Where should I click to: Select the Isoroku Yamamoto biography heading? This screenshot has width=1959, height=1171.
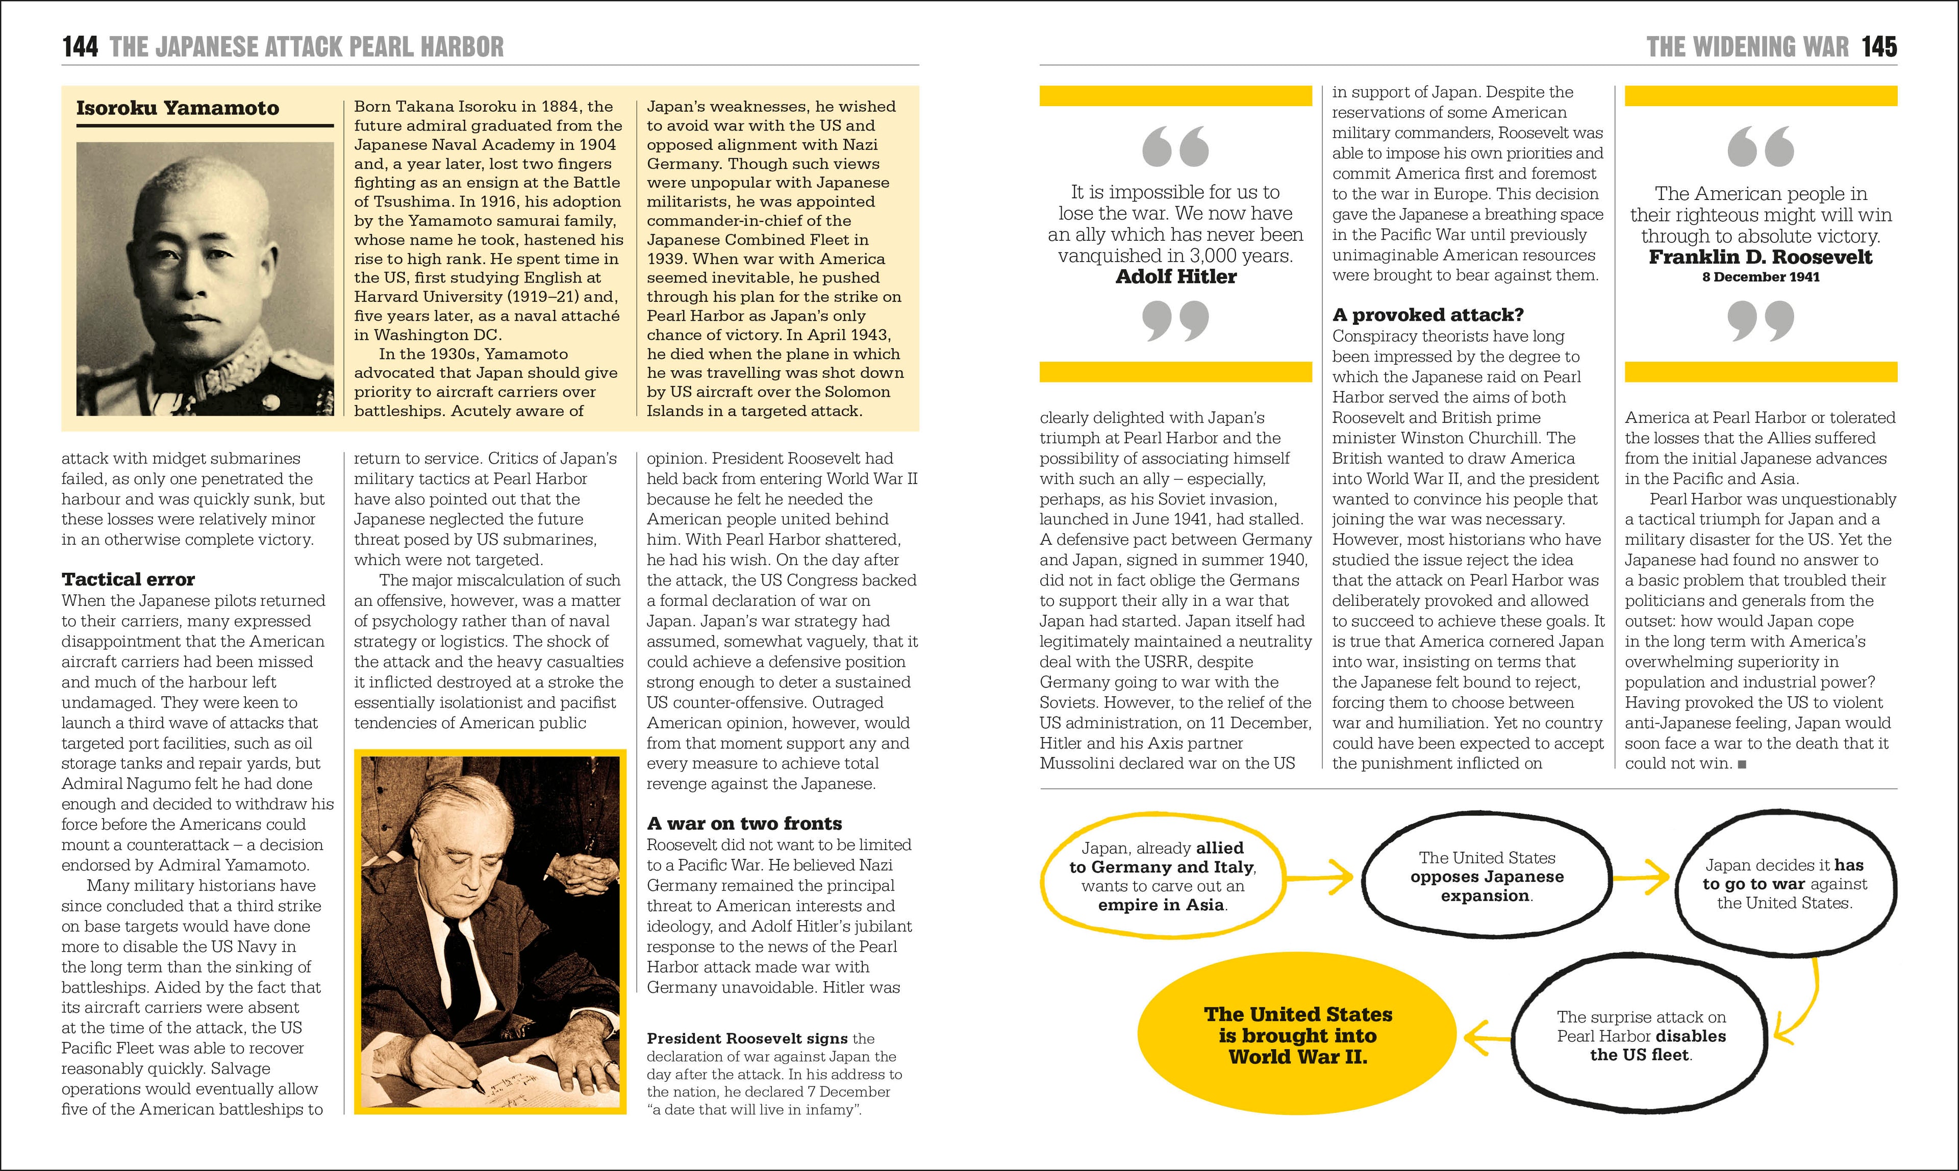click(178, 108)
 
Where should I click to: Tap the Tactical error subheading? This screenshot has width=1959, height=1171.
click(128, 579)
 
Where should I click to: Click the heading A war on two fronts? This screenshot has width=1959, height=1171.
click(744, 823)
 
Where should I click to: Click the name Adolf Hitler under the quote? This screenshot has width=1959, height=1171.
click(1175, 276)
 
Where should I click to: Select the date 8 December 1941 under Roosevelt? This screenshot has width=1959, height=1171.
click(1760, 277)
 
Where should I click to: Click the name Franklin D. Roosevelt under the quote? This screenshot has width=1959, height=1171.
click(1760, 257)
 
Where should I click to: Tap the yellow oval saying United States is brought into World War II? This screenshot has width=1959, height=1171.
click(1297, 1035)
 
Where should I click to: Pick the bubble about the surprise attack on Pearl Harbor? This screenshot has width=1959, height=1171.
click(1641, 1036)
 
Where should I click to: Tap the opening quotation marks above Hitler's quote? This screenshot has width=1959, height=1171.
click(1175, 147)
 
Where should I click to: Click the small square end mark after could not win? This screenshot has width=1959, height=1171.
click(1742, 764)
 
